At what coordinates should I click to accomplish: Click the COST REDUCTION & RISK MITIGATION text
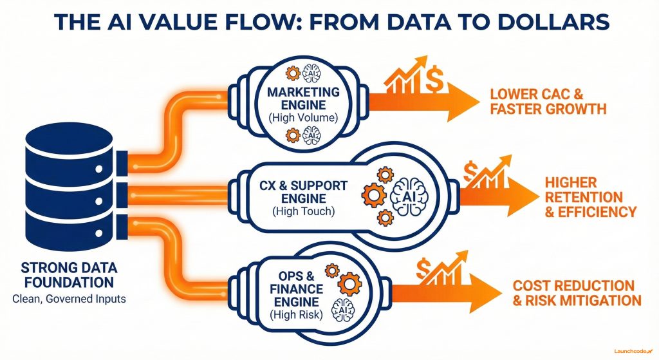[577, 292]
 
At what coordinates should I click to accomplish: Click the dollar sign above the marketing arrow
[434, 81]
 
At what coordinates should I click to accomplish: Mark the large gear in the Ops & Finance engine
[349, 281]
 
